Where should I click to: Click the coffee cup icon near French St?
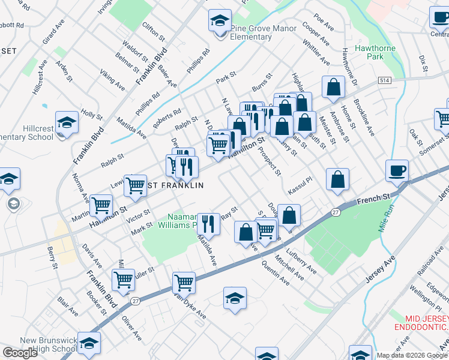[397, 171]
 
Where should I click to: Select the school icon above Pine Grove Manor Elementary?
[220, 21]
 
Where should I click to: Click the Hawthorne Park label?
[377, 52]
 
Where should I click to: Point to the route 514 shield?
[385, 80]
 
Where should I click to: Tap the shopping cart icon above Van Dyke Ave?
[184, 282]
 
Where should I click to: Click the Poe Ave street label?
[324, 23]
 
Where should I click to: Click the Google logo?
[20, 353]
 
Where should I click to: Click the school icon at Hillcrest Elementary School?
[67, 123]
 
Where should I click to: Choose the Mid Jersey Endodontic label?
[421, 322]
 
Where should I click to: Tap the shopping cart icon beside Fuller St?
[123, 279]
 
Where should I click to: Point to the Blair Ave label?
[68, 307]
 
